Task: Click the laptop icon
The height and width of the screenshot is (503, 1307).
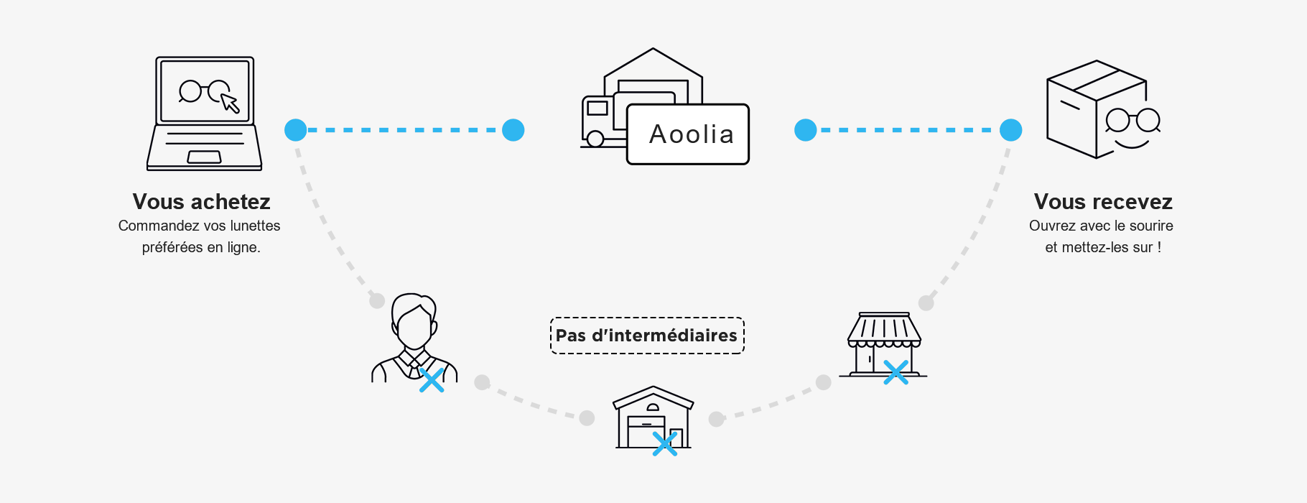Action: pyautogui.click(x=205, y=114)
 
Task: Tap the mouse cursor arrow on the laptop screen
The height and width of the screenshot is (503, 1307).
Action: pyautogui.click(x=230, y=103)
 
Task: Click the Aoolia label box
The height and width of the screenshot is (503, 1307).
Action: pyautogui.click(x=688, y=134)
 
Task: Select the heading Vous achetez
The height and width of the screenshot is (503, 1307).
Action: pyautogui.click(x=202, y=201)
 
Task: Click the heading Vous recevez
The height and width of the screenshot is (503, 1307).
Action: pyautogui.click(x=1103, y=201)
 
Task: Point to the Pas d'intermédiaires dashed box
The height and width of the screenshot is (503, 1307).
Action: pyautogui.click(x=647, y=336)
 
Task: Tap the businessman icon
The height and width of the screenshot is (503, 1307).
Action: pyautogui.click(x=414, y=338)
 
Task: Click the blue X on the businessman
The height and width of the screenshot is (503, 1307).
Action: pyautogui.click(x=432, y=380)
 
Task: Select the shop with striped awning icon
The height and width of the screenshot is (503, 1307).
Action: pyautogui.click(x=883, y=345)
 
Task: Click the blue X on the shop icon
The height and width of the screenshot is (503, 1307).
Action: pyautogui.click(x=896, y=372)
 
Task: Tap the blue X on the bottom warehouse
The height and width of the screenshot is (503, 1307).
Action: pyautogui.click(x=665, y=444)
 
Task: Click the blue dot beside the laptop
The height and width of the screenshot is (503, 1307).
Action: pyautogui.click(x=296, y=130)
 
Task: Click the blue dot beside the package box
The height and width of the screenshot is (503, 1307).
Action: pyautogui.click(x=1011, y=130)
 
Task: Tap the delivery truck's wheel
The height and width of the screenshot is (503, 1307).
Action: pyautogui.click(x=595, y=139)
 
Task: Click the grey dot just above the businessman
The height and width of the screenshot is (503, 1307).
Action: pyautogui.click(x=377, y=300)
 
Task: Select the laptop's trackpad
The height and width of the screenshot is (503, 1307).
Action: pyautogui.click(x=204, y=157)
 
